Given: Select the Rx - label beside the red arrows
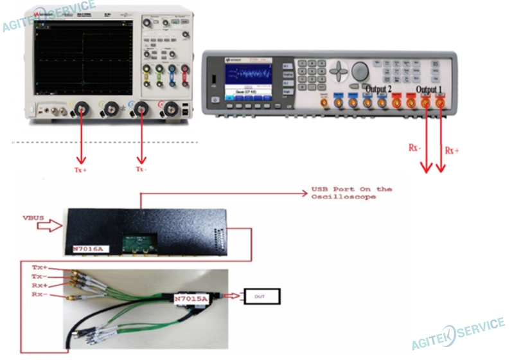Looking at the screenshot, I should (x=415, y=147).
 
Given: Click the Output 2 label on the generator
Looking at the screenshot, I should (x=379, y=88).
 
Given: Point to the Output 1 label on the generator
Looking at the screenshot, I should (x=430, y=89).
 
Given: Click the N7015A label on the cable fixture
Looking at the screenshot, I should (x=192, y=298).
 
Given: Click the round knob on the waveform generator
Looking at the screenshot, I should (x=360, y=70).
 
